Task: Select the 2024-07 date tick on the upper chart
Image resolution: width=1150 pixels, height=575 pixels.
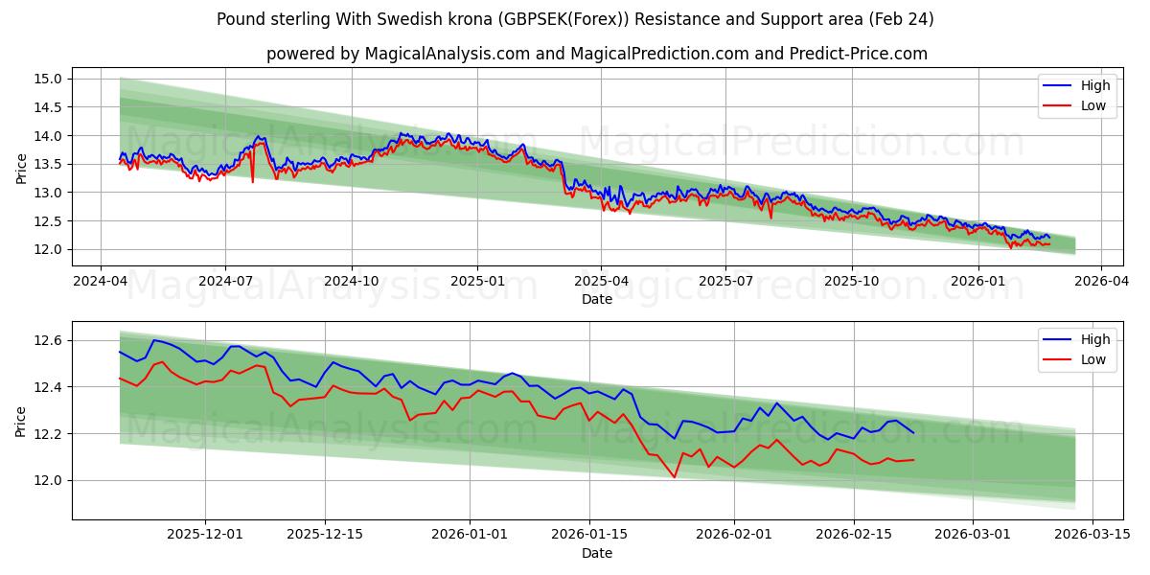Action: [225, 282]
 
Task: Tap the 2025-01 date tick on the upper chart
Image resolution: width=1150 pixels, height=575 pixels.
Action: [476, 282]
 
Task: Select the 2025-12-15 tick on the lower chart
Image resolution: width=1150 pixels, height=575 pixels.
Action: [324, 535]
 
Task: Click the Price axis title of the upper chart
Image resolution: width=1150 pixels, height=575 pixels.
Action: [21, 168]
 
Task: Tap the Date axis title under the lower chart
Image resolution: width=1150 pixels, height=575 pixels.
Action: [597, 553]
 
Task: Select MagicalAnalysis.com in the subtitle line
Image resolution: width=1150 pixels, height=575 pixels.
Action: [448, 54]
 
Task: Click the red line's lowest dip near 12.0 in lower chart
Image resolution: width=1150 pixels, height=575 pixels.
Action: [675, 476]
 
